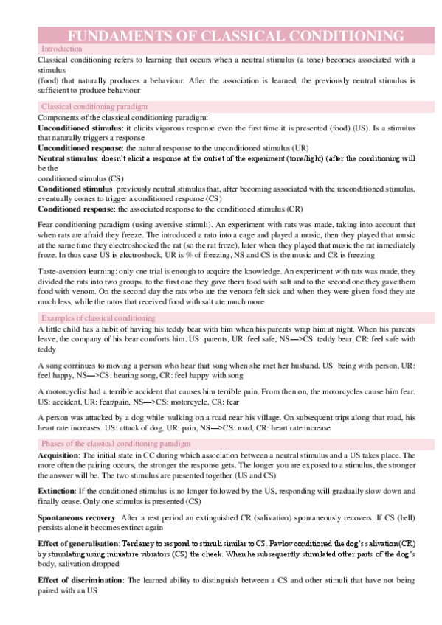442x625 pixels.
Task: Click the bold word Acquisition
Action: [59, 456]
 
